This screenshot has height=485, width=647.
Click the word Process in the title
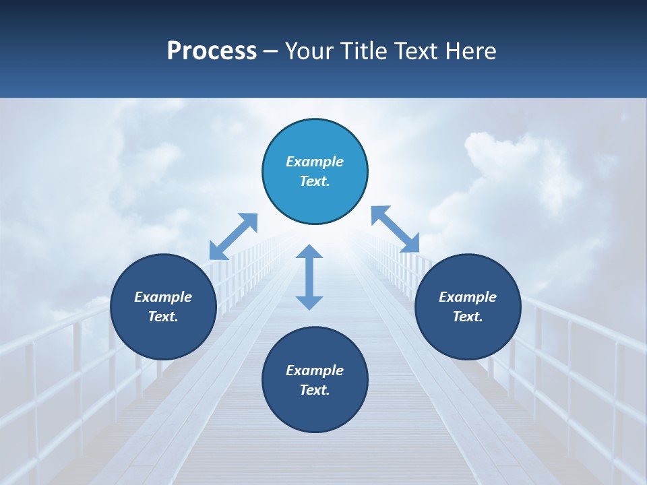pos(212,51)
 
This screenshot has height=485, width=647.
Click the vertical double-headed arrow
pos(309,277)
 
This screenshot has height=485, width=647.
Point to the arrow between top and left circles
pos(233,236)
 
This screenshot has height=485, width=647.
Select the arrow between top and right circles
pos(395,230)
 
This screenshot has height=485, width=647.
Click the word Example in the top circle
pos(315,162)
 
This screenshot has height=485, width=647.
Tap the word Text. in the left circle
pos(163,317)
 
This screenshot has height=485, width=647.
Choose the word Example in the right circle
pos(468,297)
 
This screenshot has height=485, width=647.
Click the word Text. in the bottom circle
pos(315,390)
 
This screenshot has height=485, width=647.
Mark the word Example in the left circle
pos(163,297)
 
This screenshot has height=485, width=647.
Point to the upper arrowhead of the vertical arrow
pos(309,253)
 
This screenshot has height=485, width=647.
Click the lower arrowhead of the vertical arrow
pos(309,302)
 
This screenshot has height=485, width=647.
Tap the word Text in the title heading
pos(415,51)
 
